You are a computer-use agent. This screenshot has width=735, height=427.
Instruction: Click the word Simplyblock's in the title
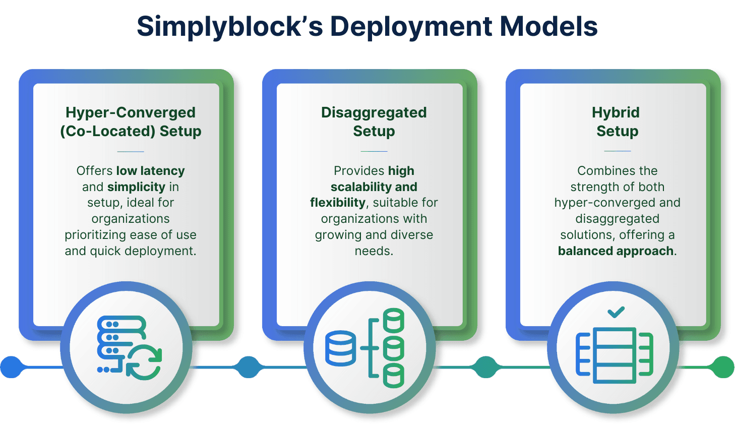230,27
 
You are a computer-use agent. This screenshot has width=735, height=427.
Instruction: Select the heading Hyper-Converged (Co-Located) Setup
131,122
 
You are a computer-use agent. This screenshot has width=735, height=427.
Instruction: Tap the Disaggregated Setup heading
374,122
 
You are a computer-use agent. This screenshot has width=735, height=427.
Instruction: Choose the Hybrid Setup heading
616,122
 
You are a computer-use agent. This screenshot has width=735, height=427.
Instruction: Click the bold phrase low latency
151,171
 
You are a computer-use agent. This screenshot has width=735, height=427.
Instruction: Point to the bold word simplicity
137,187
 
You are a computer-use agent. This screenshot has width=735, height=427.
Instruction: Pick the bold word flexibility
338,203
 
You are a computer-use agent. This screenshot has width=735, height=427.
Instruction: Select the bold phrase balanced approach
616,251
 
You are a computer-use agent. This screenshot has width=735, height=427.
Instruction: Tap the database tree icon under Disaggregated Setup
364,348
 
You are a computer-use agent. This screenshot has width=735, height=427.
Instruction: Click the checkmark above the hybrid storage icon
616,312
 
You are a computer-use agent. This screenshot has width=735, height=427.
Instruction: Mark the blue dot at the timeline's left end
11,367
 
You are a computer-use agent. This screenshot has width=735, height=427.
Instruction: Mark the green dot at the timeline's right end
723,367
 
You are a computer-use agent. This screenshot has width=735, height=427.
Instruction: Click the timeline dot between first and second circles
249,367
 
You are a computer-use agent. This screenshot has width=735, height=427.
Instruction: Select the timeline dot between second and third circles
486,367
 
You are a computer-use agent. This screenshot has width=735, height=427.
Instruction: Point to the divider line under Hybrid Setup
617,151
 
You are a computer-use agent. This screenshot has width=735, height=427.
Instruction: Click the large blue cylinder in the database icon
340,348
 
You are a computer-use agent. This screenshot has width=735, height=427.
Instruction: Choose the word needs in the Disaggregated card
374,251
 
